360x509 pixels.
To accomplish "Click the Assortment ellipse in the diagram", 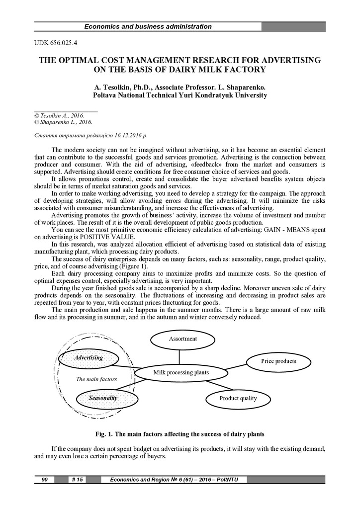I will tap(182, 339).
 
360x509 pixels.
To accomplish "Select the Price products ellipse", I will tap(278, 361).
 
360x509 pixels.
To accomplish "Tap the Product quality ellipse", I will tap(238, 398).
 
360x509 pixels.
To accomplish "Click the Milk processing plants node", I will tap(180, 372).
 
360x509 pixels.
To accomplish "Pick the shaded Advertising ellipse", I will tap(89, 357).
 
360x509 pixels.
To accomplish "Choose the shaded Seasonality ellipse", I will tap(103, 398).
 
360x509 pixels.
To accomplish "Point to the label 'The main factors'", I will tap(96, 379).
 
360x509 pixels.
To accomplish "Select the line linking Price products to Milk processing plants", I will tap(236, 366).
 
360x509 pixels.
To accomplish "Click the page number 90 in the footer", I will tap(44, 480).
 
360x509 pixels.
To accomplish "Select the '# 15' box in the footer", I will tap(77, 480).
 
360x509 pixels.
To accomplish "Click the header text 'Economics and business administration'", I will tap(148, 26).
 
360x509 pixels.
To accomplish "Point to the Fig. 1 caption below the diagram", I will tap(180, 433).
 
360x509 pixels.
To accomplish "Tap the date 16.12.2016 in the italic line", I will tap(127, 135).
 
